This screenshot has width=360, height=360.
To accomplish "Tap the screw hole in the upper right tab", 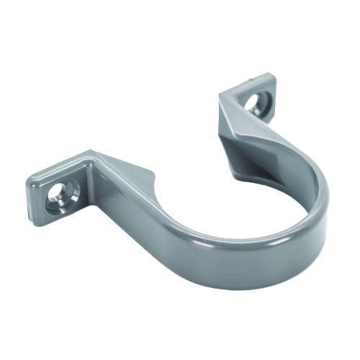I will click(253, 102).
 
